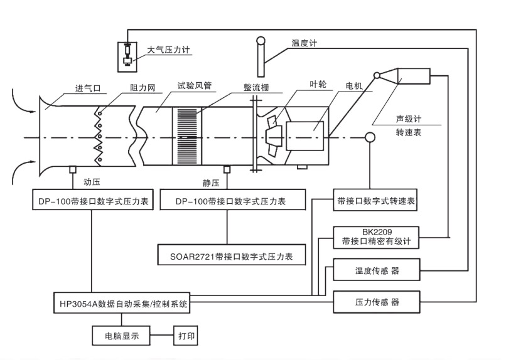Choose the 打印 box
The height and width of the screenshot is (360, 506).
pos(186,336)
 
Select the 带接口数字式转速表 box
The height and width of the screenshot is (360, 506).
pos(375,202)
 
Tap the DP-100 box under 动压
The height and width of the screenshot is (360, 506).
pos(92,202)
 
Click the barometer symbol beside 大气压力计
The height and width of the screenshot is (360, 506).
pos(128,55)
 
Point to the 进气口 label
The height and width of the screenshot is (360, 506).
pos(89,88)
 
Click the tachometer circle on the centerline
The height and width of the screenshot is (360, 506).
pos(370,137)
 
